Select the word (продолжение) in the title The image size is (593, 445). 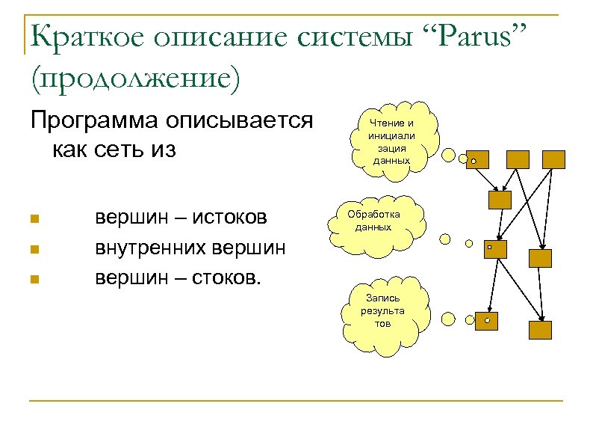[x=134, y=79]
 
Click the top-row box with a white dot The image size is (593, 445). [x=476, y=159]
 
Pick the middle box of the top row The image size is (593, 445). [x=518, y=159]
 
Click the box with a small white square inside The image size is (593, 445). [x=495, y=249]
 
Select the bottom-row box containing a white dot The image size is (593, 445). [x=487, y=320]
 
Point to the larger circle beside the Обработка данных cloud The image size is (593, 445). [x=446, y=239]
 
